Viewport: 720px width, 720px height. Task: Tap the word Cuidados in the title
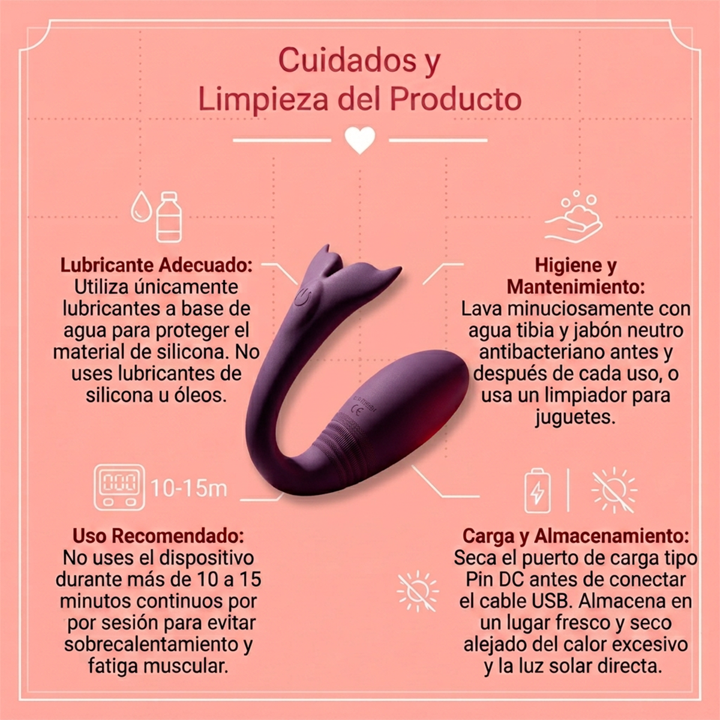pyautogui.click(x=347, y=60)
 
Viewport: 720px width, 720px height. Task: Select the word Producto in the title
pyautogui.click(x=455, y=99)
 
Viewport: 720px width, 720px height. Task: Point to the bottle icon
pyautogui.click(x=169, y=217)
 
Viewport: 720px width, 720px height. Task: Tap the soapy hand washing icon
pyautogui.click(x=574, y=217)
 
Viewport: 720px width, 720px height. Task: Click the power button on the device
pyautogui.click(x=302, y=298)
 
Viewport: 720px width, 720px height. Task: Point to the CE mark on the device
pyautogui.click(x=355, y=412)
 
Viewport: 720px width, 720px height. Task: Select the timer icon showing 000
pyautogui.click(x=119, y=487)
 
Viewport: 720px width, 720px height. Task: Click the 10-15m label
pyautogui.click(x=188, y=488)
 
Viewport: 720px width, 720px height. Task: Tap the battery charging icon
pyautogui.click(x=538, y=491)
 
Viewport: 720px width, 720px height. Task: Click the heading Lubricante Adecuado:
pyautogui.click(x=157, y=265)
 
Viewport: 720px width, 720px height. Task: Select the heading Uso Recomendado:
pyautogui.click(x=158, y=536)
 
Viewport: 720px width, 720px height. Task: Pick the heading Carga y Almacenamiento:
pyautogui.click(x=576, y=536)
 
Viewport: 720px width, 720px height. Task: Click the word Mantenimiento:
pyautogui.click(x=576, y=287)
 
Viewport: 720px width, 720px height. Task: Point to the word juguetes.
pyautogui.click(x=574, y=417)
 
